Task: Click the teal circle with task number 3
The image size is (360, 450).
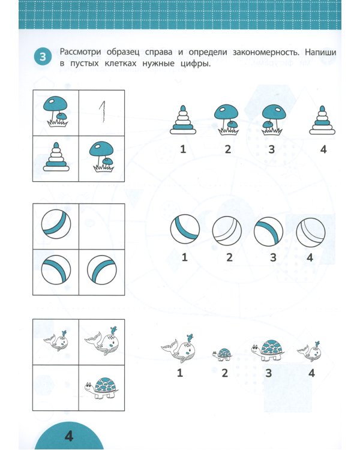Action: (x=43, y=58)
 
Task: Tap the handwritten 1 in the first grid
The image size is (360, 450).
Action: (x=102, y=110)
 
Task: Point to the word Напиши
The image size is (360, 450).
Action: (x=320, y=53)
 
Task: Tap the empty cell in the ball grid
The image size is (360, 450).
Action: (x=102, y=226)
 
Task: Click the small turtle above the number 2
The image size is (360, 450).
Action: (x=224, y=355)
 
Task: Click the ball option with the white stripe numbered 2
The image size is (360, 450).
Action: (x=227, y=231)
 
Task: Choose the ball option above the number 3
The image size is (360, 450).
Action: (x=268, y=231)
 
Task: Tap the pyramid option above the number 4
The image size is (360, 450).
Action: (x=323, y=120)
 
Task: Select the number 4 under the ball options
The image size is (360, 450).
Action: (x=310, y=257)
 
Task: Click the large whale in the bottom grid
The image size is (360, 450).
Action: (x=101, y=341)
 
